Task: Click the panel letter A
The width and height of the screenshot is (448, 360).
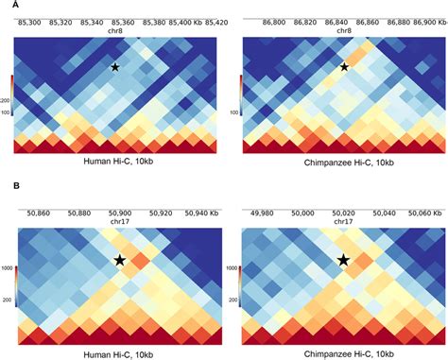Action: (x=4, y=5)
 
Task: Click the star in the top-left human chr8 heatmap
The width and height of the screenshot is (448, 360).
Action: (x=114, y=68)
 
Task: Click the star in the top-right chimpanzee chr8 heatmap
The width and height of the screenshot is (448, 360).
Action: (x=344, y=67)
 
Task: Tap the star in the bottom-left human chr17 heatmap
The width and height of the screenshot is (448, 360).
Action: (x=120, y=260)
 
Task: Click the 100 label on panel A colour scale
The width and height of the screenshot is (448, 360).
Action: (x=7, y=111)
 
